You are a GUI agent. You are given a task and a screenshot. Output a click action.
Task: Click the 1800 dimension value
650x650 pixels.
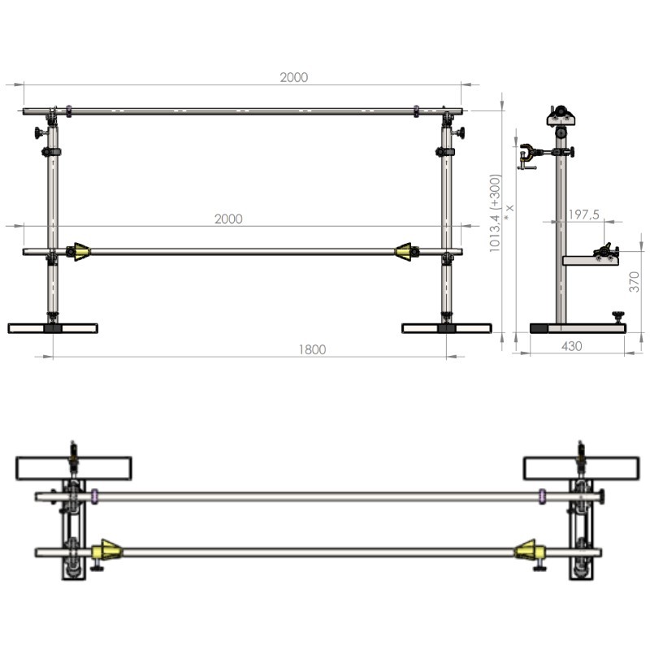point(312,349)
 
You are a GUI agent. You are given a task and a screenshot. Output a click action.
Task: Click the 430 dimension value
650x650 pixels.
point(571,346)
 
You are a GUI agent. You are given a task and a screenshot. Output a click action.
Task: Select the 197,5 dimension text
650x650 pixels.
point(583,214)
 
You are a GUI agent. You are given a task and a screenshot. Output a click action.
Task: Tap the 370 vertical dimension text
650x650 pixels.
point(635,282)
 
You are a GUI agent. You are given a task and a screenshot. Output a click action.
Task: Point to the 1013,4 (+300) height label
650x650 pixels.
point(496,213)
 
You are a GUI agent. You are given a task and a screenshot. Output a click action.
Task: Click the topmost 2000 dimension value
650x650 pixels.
point(294,77)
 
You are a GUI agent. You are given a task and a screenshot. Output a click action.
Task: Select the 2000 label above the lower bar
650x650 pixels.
point(228,219)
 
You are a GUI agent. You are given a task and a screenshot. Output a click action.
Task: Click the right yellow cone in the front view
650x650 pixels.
point(403,252)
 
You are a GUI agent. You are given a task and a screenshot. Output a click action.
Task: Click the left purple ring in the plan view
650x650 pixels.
point(94,496)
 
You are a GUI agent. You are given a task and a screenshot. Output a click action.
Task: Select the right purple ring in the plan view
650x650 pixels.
point(542,496)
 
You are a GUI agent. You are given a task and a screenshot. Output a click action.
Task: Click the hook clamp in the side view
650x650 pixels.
point(526,155)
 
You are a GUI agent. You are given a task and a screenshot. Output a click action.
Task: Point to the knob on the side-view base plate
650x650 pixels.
point(618,317)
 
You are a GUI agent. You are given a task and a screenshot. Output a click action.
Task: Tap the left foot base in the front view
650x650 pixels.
point(53,328)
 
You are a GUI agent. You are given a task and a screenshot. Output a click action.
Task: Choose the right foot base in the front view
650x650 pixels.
point(446,328)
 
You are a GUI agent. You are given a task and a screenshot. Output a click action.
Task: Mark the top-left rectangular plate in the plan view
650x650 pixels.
point(74,469)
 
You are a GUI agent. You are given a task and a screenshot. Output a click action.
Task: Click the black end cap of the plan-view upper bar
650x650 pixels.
point(601,496)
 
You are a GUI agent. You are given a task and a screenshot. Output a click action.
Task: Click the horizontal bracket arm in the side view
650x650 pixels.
point(591,261)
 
